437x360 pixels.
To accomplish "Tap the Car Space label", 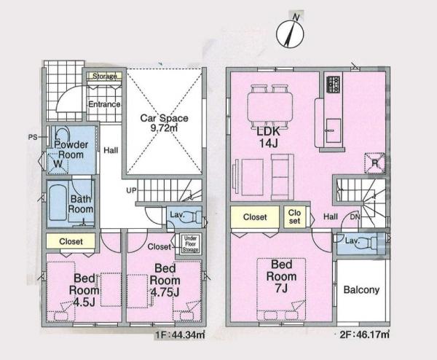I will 164,122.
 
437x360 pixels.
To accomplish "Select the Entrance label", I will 104,104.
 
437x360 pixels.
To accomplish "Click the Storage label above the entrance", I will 105,75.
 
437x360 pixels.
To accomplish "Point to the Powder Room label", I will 72,149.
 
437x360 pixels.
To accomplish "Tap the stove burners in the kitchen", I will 334,83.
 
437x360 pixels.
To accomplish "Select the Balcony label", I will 361,290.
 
